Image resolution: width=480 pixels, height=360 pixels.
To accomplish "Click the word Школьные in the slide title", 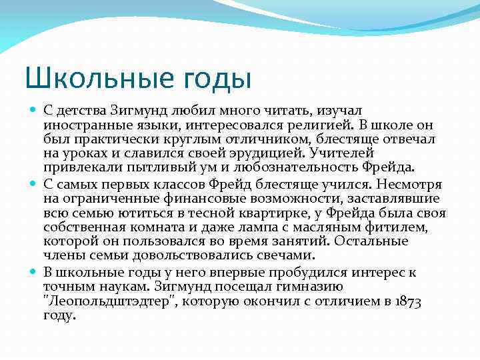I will click(89, 77).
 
